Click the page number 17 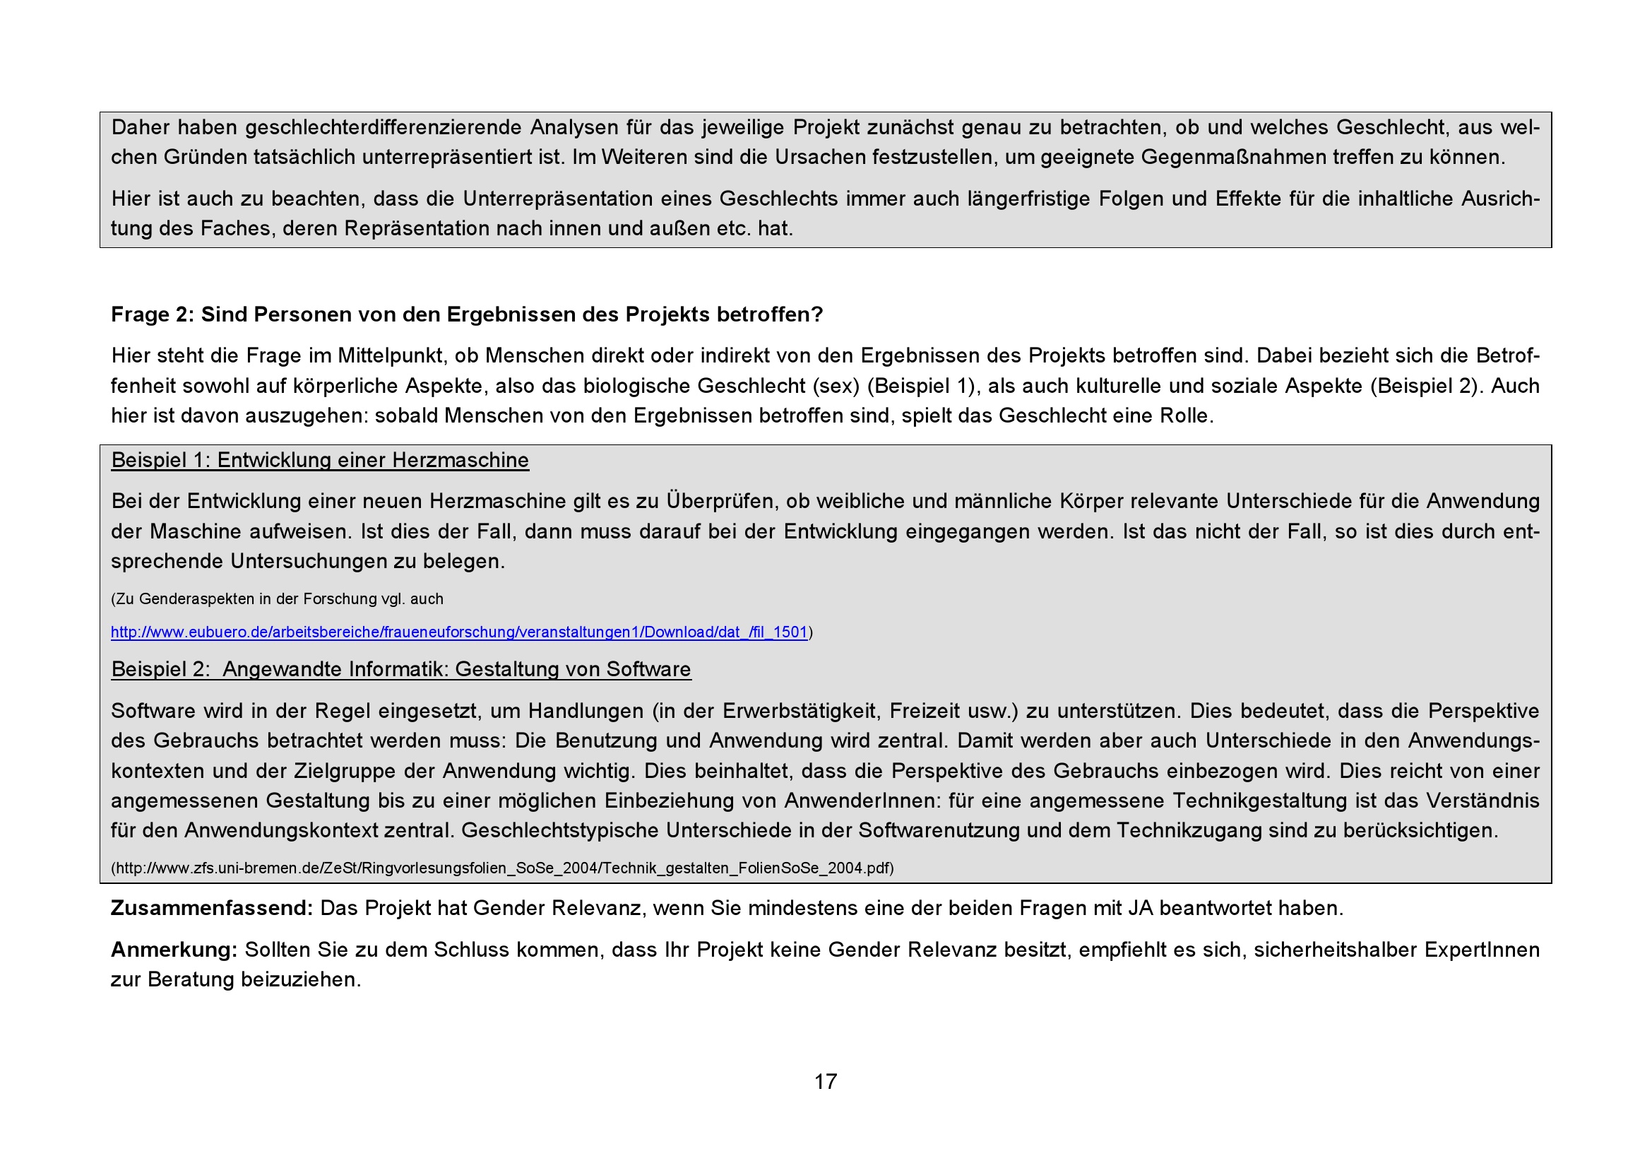(825, 1082)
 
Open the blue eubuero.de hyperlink (459, 632)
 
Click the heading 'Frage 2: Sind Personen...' (466, 314)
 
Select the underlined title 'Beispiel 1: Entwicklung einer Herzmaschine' (320, 461)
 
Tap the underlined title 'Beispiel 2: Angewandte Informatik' (400, 670)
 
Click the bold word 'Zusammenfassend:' (212, 908)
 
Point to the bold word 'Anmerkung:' (174, 950)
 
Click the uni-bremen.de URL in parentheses (502, 868)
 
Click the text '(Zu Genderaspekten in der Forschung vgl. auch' (277, 599)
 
